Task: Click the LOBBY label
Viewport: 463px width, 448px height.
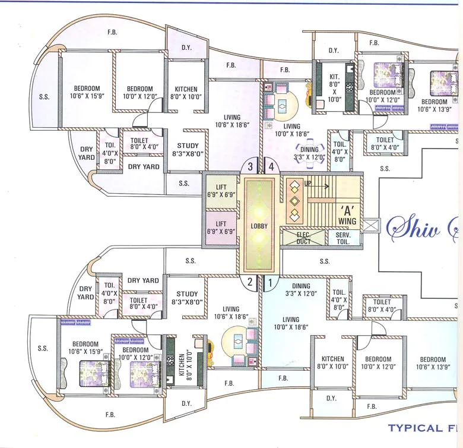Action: click(259, 226)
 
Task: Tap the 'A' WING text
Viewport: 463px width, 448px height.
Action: click(347, 216)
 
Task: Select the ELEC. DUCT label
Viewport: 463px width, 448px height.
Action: click(304, 238)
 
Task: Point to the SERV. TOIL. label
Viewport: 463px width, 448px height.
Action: click(343, 238)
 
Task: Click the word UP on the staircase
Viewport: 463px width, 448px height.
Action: click(308, 184)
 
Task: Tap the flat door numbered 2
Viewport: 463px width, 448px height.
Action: click(250, 283)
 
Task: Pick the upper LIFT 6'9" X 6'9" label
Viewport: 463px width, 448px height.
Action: click(221, 191)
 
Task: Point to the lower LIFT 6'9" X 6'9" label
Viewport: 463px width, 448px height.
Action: click(221, 228)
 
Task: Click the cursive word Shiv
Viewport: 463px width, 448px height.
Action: click(413, 227)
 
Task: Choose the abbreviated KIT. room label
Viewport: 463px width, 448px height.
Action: click(334, 81)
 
